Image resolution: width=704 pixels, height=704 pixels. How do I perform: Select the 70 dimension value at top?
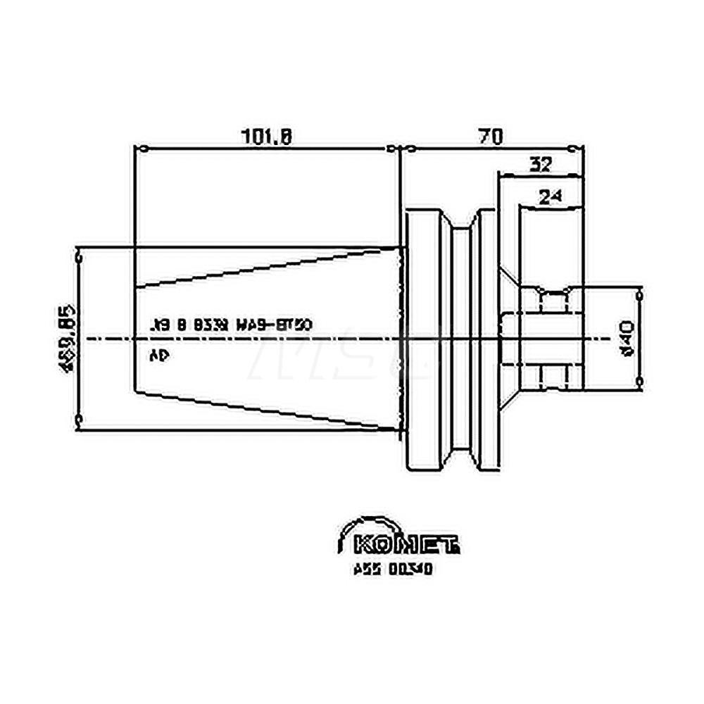[x=491, y=135]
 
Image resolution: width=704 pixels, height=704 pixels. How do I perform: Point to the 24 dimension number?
[x=551, y=198]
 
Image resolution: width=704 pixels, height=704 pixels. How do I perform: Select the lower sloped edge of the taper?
[x=268, y=409]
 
